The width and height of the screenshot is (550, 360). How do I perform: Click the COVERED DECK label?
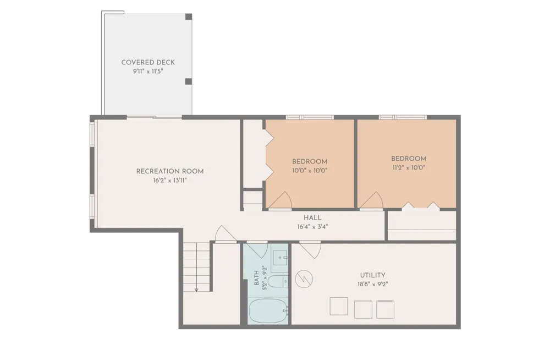tap(147, 63)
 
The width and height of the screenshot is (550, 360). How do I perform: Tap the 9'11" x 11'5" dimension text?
tap(147, 72)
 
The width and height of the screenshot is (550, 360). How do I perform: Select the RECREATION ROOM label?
tap(170, 171)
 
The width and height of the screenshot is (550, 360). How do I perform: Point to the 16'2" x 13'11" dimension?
tap(170, 181)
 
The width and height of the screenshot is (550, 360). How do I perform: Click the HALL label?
tap(312, 218)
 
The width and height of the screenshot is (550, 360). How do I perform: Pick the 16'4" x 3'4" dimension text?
tap(312, 227)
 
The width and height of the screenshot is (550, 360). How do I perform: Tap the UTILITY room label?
tap(372, 275)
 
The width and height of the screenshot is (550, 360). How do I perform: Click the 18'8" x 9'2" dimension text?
tap(372, 285)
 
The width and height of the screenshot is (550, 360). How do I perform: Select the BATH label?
tap(256, 278)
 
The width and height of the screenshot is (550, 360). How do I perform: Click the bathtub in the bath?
tap(268, 311)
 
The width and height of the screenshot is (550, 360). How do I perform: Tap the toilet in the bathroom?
tap(278, 282)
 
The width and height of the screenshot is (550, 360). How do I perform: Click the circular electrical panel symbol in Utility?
tap(304, 279)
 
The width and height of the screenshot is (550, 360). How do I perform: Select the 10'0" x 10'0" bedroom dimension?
tap(310, 171)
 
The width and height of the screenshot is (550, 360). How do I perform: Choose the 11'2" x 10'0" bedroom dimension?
tap(409, 168)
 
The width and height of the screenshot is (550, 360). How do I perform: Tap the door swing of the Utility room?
tap(310, 250)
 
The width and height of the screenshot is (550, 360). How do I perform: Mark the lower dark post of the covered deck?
tap(188, 81)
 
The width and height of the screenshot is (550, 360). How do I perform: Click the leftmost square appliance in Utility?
tap(338, 306)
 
